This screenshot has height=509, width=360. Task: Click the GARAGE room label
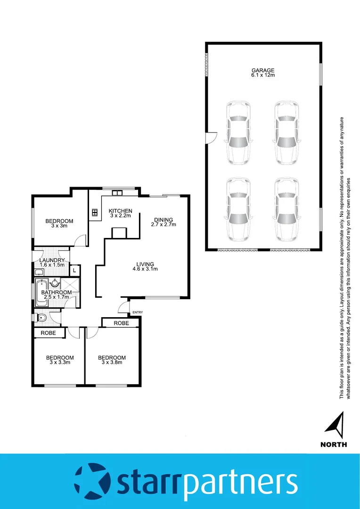(262, 71)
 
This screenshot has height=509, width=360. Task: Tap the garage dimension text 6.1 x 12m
(262, 75)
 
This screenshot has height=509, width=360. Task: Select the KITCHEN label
(120, 211)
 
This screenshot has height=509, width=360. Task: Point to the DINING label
(163, 220)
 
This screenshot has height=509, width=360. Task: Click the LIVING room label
(145, 264)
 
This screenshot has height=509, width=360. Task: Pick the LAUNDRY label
(51, 260)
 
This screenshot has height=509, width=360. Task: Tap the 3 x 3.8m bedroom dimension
(112, 362)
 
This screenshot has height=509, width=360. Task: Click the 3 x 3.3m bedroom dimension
(59, 362)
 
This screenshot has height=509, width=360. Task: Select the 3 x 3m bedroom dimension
(59, 226)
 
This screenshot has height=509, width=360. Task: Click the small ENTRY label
(138, 312)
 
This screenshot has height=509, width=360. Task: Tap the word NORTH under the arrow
(334, 444)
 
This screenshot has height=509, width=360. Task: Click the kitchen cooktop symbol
(95, 213)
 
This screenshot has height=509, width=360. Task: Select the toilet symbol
(41, 318)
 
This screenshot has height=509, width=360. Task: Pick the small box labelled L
(74, 271)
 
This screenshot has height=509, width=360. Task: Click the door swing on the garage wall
(212, 137)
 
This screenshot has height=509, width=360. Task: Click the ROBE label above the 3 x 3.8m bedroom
(121, 323)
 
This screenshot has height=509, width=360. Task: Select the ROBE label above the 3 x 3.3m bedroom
(49, 333)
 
